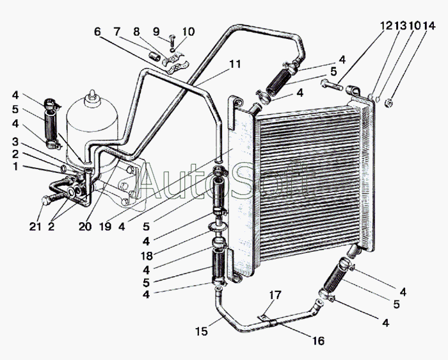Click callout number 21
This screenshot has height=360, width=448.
point(35,227)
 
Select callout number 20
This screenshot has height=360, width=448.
point(85,227)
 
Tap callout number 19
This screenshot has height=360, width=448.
point(105,227)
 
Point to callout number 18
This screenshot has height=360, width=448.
point(147,256)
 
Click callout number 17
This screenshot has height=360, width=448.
point(275,295)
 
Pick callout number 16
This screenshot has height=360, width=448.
point(319,341)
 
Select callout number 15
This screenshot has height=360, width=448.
point(202,332)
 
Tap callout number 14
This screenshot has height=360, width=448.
point(429,26)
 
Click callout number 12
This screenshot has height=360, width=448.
point(387,26)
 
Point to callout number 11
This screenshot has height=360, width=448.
point(235,64)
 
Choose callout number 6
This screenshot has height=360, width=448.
point(97,32)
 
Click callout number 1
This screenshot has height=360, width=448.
point(15,166)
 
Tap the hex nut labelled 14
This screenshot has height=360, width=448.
point(388,102)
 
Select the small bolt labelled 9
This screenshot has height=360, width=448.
point(172,40)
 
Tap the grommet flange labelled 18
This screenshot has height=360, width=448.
point(218,227)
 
